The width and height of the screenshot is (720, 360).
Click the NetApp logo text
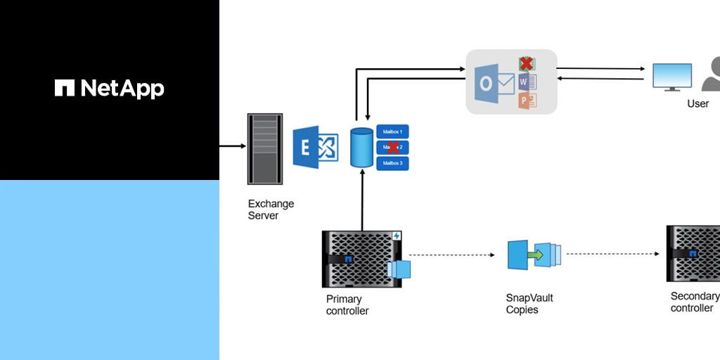(110, 88)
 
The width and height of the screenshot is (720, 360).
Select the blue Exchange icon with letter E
(316, 148)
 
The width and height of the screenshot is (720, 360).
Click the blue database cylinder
(361, 148)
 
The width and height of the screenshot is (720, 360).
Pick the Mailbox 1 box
(392, 131)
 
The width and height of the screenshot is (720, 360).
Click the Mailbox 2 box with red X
(392, 148)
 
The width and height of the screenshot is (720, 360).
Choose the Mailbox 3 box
(392, 163)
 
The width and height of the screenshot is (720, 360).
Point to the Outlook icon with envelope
(496, 83)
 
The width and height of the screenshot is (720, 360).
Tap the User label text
(697, 104)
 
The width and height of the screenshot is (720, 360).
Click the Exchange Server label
(271, 210)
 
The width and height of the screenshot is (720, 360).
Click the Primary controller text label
(347, 304)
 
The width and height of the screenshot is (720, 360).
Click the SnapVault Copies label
(529, 303)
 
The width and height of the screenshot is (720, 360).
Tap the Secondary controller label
(695, 302)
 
